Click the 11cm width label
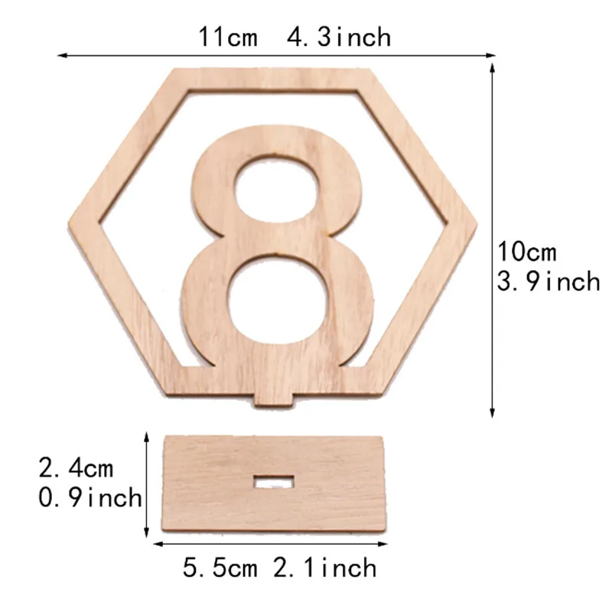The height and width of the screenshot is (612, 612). pyautogui.click(x=228, y=37)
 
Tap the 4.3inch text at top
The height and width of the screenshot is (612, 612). pyautogui.click(x=339, y=37)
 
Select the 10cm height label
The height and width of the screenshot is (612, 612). pyautogui.click(x=526, y=252)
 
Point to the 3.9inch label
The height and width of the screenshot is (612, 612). pyautogui.click(x=549, y=281)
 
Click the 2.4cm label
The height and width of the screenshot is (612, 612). pyautogui.click(x=76, y=468)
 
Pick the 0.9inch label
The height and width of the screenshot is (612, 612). pyautogui.click(x=90, y=498)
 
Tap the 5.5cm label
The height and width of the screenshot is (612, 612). pyautogui.click(x=220, y=568)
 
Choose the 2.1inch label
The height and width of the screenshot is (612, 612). pyautogui.click(x=324, y=568)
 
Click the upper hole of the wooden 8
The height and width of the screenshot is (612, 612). pyautogui.click(x=276, y=187)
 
